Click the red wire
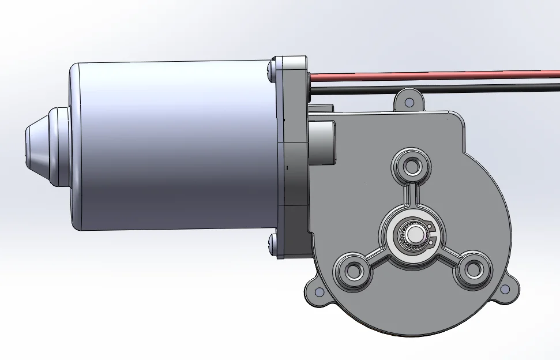(x=433, y=74)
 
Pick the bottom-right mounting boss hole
(x=473, y=269)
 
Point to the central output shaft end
(x=413, y=234)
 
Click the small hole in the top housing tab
(x=409, y=102)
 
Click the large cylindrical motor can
(x=173, y=144)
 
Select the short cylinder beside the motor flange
(x=322, y=142)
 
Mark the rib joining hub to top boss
(x=412, y=196)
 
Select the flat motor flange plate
(x=291, y=156)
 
